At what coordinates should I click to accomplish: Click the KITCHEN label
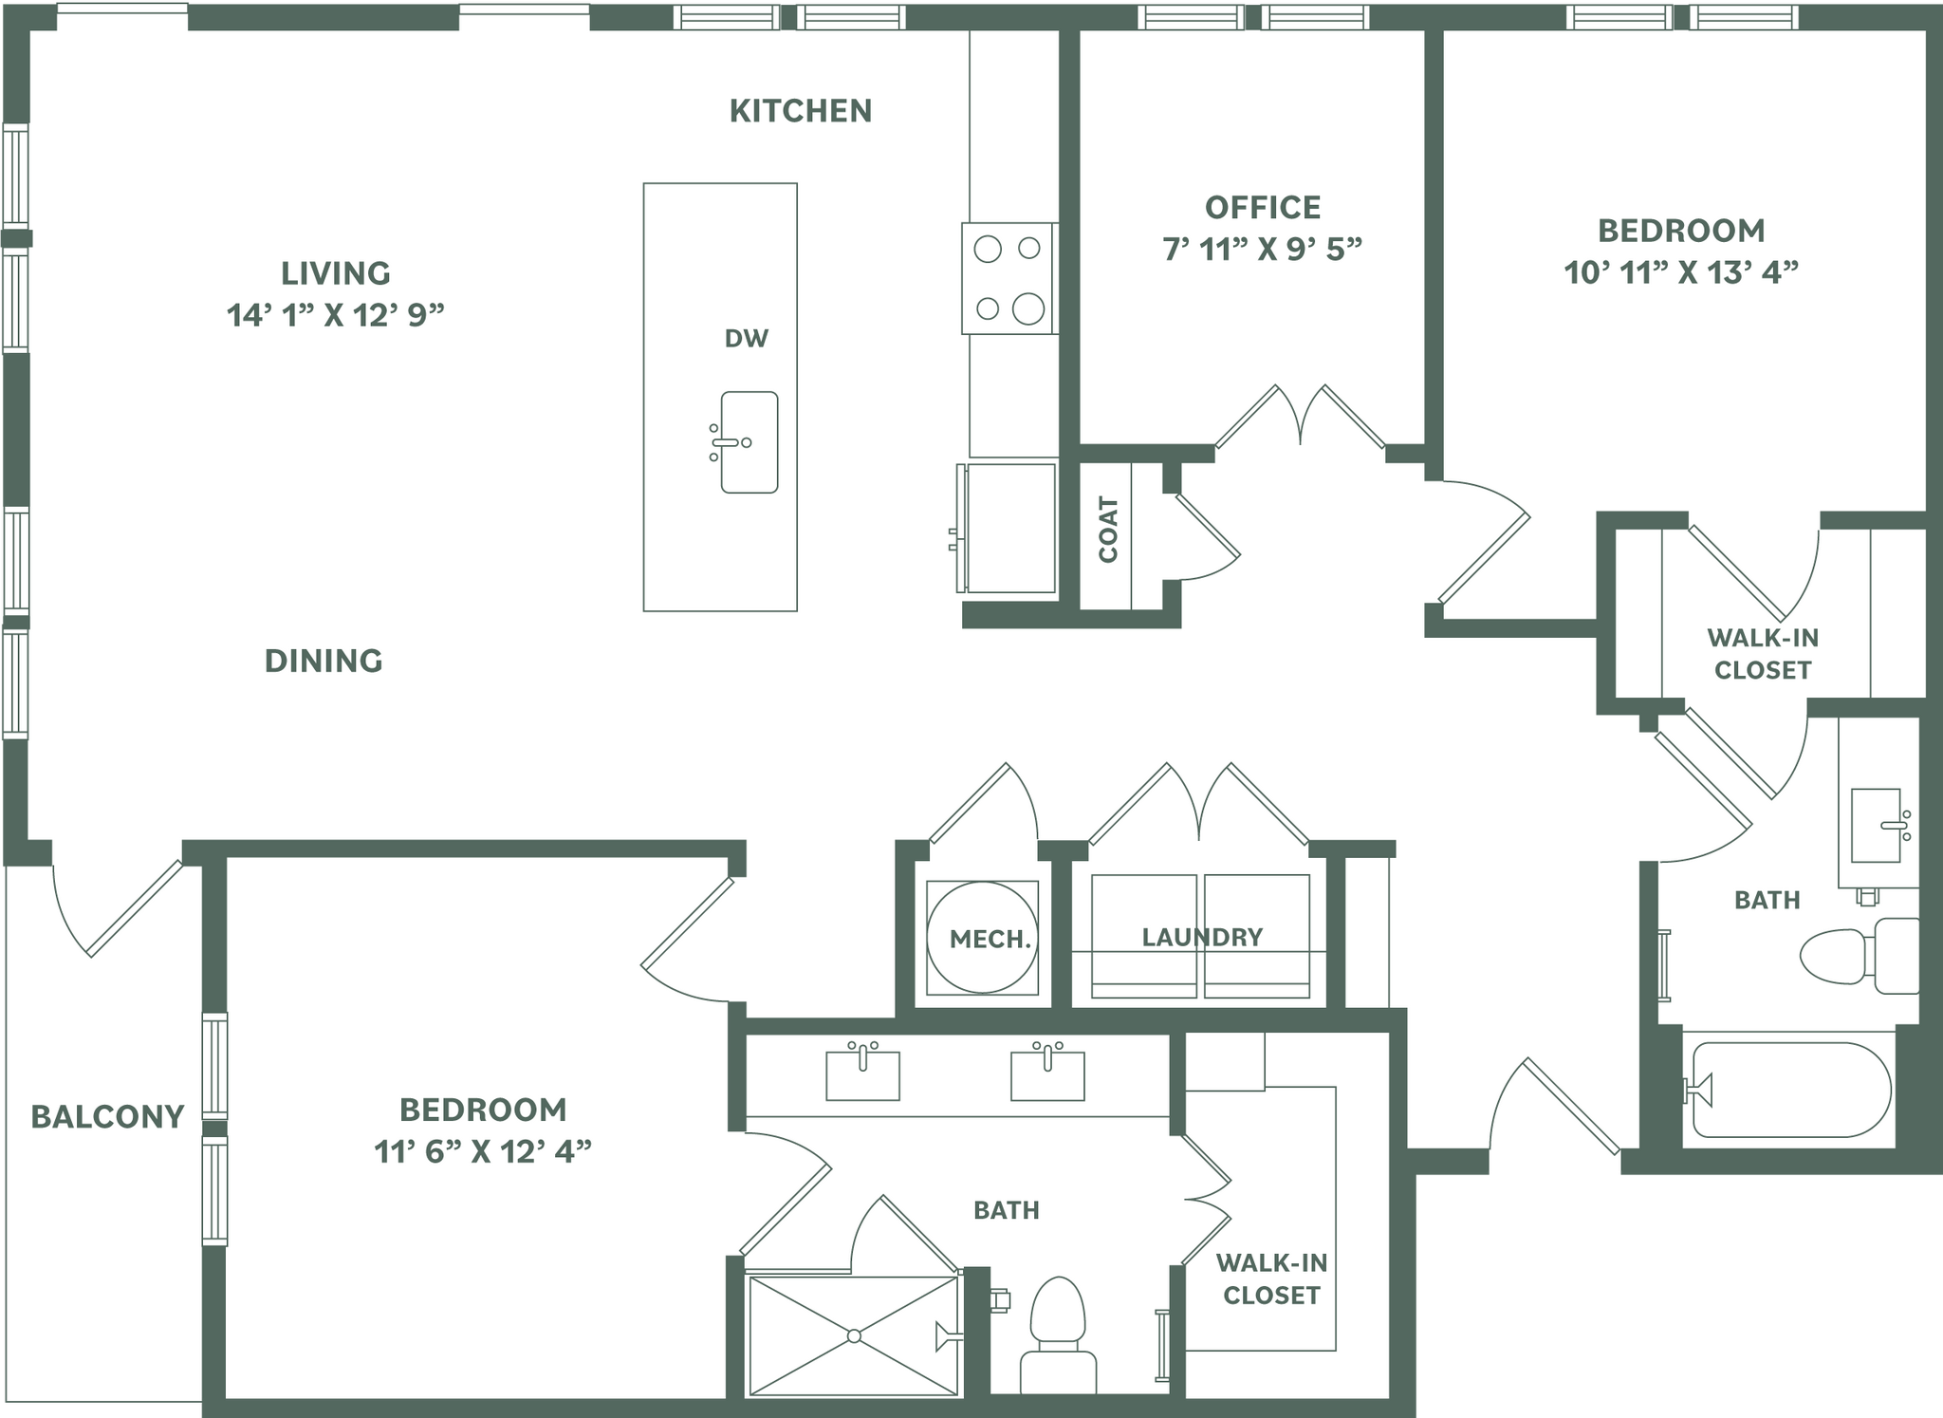click(800, 111)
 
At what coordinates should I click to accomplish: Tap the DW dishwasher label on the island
click(746, 338)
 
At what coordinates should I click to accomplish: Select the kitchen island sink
click(749, 442)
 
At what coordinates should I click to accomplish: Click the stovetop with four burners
click(1009, 278)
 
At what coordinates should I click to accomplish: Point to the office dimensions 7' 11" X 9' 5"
click(1262, 250)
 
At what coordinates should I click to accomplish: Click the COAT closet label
click(1108, 530)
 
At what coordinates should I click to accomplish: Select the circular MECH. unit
click(982, 938)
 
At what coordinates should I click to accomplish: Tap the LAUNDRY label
click(1201, 938)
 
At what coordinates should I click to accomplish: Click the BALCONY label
click(107, 1117)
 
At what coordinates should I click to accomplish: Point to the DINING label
click(324, 661)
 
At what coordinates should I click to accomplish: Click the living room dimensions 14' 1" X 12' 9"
click(335, 315)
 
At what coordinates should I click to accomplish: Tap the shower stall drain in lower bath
click(854, 1336)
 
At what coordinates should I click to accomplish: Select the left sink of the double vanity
click(862, 1074)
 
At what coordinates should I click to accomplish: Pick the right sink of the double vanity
click(1047, 1074)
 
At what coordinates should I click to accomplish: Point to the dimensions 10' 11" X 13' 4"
click(1680, 273)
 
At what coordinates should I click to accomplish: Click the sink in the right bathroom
click(1877, 825)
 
